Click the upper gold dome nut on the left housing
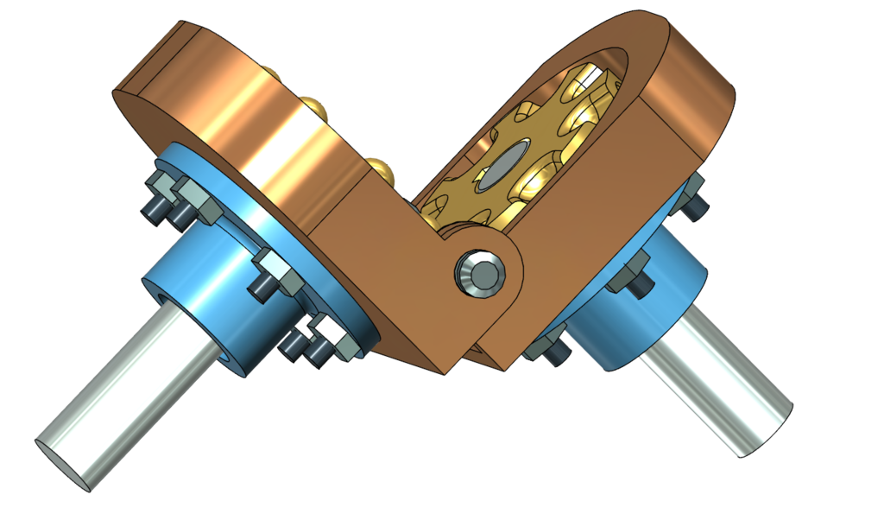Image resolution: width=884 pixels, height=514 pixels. click(314, 108)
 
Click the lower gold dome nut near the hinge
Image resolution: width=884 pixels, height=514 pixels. click(381, 167)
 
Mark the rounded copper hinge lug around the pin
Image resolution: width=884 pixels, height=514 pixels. click(496, 285)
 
